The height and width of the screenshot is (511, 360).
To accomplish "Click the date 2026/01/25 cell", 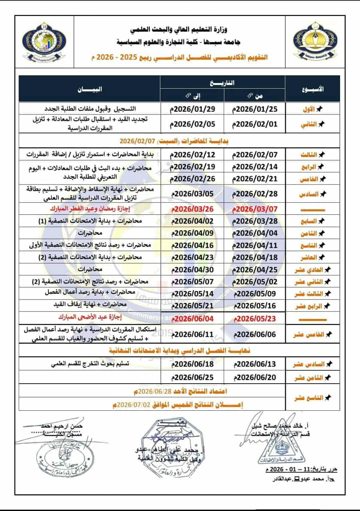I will coord(255,109).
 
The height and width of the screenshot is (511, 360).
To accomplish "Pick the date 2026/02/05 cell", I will coord(193,124).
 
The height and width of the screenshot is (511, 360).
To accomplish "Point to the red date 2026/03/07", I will coord(255,209).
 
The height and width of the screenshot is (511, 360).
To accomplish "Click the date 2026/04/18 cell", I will coord(255,257).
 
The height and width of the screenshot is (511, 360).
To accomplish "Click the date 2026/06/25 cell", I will coord(193,377).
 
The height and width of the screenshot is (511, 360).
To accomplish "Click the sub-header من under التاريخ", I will coord(255,95).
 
